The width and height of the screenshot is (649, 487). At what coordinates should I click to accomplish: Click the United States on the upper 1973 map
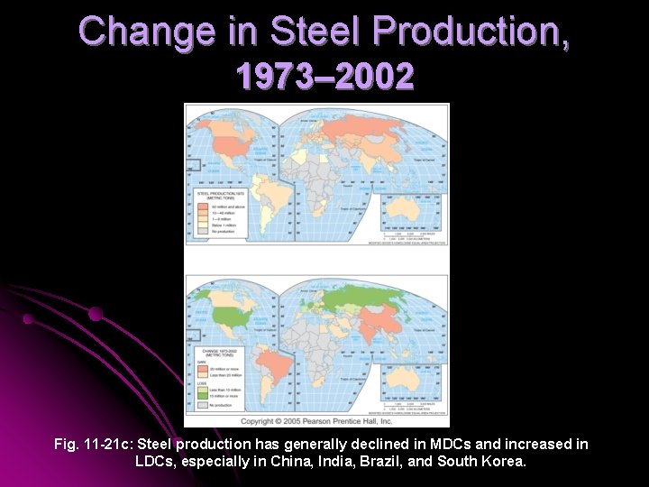(x=231, y=144)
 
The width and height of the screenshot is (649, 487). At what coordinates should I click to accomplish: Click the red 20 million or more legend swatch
(x=202, y=370)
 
